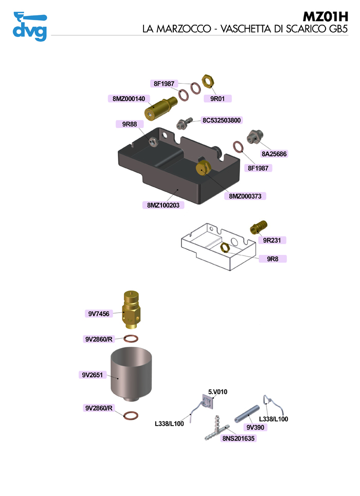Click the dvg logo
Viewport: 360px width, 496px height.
(29, 26)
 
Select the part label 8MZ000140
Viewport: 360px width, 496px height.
(129, 99)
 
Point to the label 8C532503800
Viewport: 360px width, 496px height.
(222, 120)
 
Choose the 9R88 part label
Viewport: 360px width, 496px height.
(130, 123)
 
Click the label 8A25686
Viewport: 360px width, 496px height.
(274, 154)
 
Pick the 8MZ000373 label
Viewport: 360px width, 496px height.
(247, 196)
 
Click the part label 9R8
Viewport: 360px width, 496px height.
(273, 259)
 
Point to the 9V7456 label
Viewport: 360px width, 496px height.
(99, 313)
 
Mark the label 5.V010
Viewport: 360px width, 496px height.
(218, 392)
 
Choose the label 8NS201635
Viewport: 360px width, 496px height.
(239, 438)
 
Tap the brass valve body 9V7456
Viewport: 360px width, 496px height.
(132, 309)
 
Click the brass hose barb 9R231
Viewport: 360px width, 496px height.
(259, 226)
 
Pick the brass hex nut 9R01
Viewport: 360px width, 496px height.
(207, 81)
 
